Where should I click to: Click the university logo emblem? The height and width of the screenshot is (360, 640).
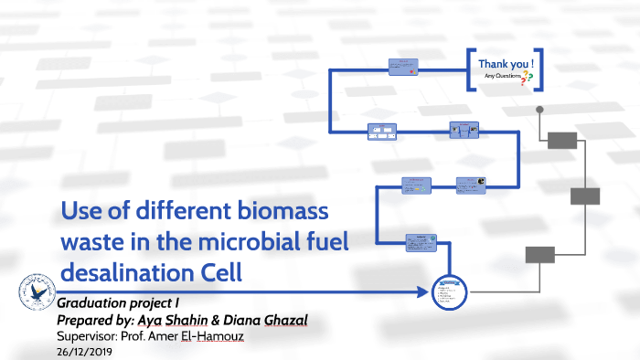pyautogui.click(x=36, y=293)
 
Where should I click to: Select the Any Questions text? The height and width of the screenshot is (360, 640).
pyautogui.click(x=501, y=76)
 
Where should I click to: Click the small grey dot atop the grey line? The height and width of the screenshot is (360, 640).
pyautogui.click(x=539, y=110)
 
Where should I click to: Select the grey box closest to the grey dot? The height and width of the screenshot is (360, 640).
pyautogui.click(x=562, y=140)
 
